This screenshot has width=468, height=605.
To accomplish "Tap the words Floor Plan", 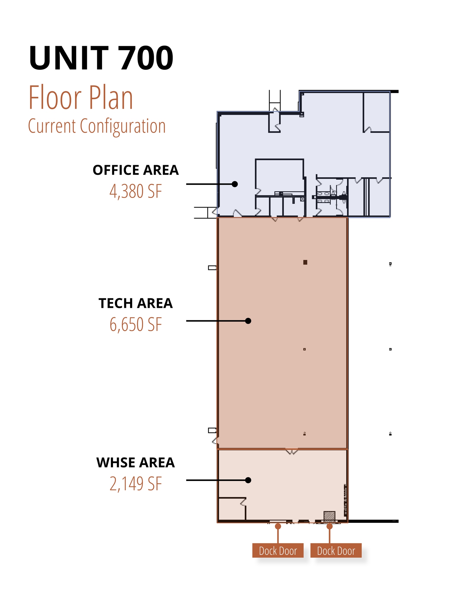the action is (x=81, y=97).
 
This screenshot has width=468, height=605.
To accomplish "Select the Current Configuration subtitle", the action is (x=97, y=126).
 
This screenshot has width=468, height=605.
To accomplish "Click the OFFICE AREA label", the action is (x=136, y=170).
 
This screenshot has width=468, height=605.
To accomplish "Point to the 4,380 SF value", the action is (x=136, y=191).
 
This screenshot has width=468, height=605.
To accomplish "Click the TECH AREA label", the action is (x=136, y=303).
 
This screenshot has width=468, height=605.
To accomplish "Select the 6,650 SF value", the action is (x=136, y=325).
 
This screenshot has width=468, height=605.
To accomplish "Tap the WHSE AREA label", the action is (x=136, y=463).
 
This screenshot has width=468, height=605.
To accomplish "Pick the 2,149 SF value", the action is (x=136, y=484).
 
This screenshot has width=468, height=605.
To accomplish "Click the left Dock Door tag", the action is (x=278, y=550).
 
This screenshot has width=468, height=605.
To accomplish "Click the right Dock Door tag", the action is (x=336, y=550).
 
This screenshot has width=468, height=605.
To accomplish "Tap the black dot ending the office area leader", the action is (x=235, y=184).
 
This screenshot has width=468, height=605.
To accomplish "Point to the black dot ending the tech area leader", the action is (x=248, y=321).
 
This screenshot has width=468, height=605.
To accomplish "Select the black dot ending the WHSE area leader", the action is (x=248, y=480).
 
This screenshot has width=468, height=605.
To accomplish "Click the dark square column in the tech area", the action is (x=305, y=262).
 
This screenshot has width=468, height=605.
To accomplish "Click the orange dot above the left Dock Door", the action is (x=278, y=526).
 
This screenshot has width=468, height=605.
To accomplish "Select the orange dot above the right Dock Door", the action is (x=330, y=526).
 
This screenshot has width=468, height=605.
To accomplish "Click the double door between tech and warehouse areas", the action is (x=292, y=451).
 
